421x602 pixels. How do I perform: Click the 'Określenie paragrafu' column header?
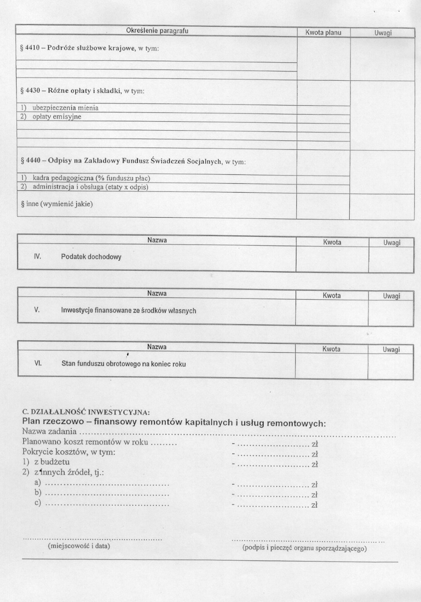(157, 31)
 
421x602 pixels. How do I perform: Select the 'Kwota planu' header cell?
(323, 33)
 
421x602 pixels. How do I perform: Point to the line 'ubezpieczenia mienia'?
(65, 108)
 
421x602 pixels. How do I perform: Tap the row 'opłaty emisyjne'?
(57, 117)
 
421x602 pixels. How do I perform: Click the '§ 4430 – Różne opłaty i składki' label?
(82, 91)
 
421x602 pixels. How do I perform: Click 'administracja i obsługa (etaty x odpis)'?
(90, 187)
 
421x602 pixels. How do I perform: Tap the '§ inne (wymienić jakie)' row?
(57, 204)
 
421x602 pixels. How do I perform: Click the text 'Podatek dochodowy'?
(91, 257)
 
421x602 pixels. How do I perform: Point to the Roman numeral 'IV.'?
(37, 257)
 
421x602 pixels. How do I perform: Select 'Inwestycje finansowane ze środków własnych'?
(128, 311)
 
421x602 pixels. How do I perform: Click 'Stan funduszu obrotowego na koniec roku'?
(123, 364)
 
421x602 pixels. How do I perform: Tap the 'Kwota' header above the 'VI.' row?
(331, 349)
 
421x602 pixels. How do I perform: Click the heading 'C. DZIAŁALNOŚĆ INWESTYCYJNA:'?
(86, 412)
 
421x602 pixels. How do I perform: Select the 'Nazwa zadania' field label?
(49, 432)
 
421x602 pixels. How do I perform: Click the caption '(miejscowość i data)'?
(78, 545)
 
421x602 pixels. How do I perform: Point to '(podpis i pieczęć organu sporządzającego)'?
(304, 548)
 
